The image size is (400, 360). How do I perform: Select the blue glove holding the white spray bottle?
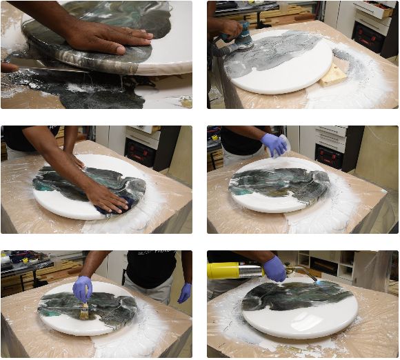click(274, 144)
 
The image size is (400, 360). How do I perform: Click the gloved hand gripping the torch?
click(275, 268)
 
